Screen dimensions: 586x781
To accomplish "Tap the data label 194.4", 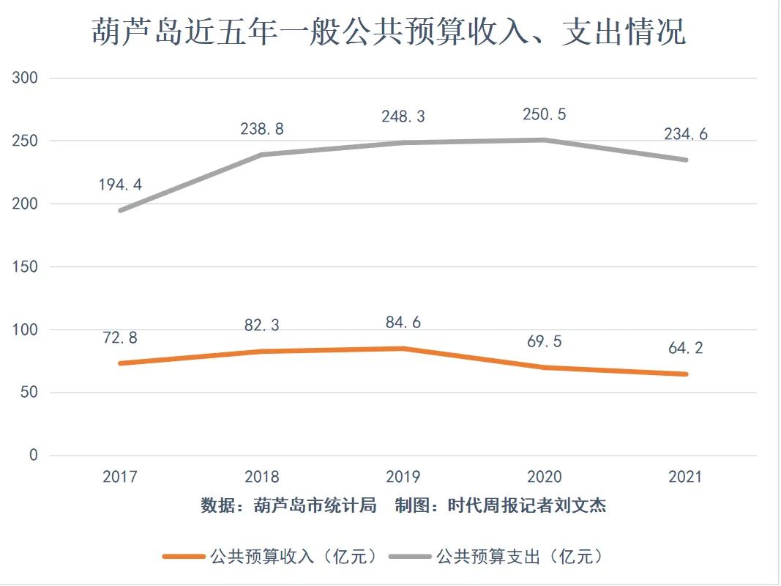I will click(x=120, y=185).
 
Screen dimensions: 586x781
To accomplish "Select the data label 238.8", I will click(x=262, y=129).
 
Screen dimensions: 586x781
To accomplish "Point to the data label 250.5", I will click(x=545, y=114).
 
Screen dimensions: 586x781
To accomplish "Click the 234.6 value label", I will click(x=686, y=134).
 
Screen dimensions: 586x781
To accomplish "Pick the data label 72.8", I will click(x=120, y=338).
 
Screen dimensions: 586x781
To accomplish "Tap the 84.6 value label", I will click(x=403, y=322).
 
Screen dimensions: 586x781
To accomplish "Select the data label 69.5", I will click(x=545, y=341).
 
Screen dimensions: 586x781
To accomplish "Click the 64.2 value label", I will click(x=686, y=348).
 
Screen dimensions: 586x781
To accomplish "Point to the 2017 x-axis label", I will click(x=120, y=477).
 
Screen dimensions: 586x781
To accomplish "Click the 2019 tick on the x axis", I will click(x=403, y=477).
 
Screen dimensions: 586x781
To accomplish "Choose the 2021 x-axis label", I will click(x=686, y=477).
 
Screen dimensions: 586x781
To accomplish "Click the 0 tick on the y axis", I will click(x=33, y=456).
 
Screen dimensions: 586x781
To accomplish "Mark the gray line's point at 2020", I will click(x=545, y=140).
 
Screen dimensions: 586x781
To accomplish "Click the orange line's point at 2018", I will click(x=262, y=352).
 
